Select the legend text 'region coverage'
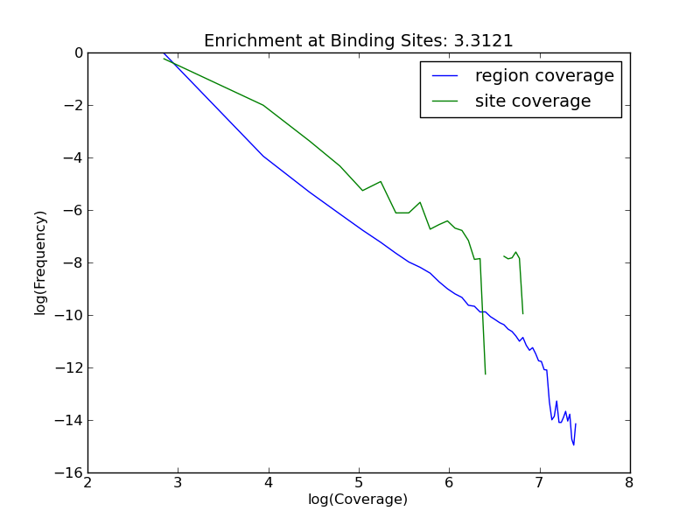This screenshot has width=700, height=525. pyautogui.click(x=544, y=76)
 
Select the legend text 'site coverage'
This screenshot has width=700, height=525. pyautogui.click(x=533, y=101)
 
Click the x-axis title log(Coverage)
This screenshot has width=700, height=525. pyautogui.click(x=358, y=500)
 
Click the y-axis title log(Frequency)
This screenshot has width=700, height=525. pyautogui.click(x=41, y=262)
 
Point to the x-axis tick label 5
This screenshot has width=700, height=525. pyautogui.click(x=359, y=482)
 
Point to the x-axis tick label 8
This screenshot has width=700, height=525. pyautogui.click(x=629, y=482)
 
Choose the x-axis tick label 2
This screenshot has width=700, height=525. pyautogui.click(x=88, y=482)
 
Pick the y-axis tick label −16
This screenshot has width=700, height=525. pyautogui.click(x=70, y=472)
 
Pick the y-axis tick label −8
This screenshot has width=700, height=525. pyautogui.click(x=73, y=262)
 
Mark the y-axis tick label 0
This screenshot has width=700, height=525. pyautogui.click(x=79, y=52)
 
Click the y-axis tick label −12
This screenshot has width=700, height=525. pyautogui.click(x=70, y=367)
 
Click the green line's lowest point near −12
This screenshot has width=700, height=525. pyautogui.click(x=485, y=374)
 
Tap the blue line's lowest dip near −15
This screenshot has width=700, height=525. pyautogui.click(x=574, y=444)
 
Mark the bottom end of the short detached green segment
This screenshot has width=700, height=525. pyautogui.click(x=522, y=313)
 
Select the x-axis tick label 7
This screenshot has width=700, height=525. pyautogui.click(x=539, y=482)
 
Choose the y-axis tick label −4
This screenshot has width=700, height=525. pyautogui.click(x=73, y=157)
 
